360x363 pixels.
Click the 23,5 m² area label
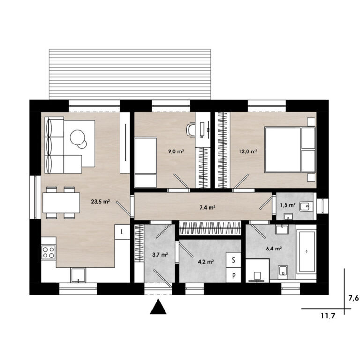point(100,201)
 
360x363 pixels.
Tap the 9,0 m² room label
point(176,151)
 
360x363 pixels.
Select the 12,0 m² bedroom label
point(248,151)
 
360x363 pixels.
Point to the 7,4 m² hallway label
point(207,208)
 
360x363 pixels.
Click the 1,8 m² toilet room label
point(288,205)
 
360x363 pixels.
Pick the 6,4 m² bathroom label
point(274,249)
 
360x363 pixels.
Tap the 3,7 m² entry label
point(160,255)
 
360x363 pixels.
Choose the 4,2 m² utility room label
point(206,262)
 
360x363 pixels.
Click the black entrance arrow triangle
point(158,307)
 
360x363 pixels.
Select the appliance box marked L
point(122,232)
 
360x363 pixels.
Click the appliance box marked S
point(234,260)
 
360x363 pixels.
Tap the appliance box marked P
point(234,275)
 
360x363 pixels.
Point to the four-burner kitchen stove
point(49,252)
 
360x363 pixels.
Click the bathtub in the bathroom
point(307,252)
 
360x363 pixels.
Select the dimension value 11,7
point(328,316)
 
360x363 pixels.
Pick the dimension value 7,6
point(353,298)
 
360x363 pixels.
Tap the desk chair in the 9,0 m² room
point(191,130)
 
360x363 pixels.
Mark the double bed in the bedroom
point(290,150)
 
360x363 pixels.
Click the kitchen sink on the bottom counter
point(78,275)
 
